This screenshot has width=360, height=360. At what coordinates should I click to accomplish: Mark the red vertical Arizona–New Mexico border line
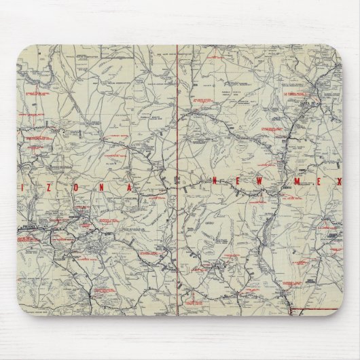(177, 136)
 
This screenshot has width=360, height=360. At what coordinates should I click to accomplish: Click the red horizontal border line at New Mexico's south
(316, 310)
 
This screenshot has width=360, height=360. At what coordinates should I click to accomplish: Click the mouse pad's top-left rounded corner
(21, 49)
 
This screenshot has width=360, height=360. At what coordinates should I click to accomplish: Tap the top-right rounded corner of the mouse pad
(338, 49)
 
